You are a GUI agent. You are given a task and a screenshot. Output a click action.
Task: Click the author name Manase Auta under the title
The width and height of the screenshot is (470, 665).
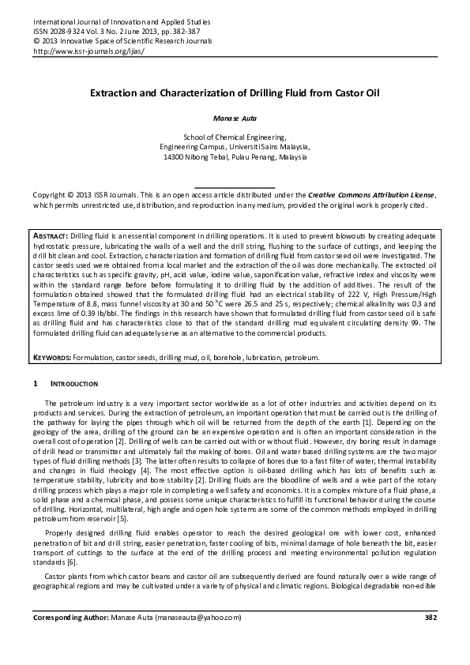coord(234,117)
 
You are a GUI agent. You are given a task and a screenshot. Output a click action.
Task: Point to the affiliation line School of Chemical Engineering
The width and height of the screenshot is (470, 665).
coord(235,137)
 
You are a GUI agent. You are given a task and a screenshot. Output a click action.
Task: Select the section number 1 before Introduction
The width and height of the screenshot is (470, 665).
coord(35,385)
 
